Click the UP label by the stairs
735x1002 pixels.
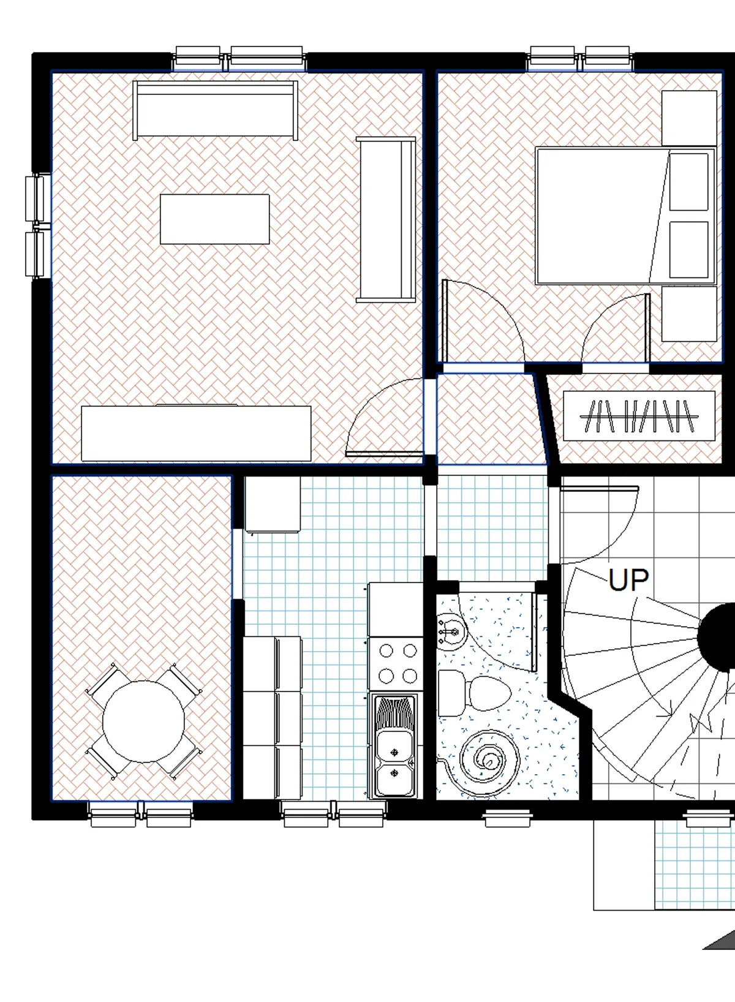click(628, 580)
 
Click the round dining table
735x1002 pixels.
click(143, 721)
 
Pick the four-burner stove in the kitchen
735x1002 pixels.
click(396, 665)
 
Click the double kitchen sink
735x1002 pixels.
click(394, 746)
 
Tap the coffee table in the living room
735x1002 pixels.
click(215, 219)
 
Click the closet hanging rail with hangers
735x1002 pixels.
click(639, 416)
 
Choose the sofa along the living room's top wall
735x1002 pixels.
click(215, 110)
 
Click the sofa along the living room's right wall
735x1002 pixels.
click(386, 219)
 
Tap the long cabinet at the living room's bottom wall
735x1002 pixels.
click(196, 433)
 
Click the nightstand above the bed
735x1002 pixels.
click(690, 118)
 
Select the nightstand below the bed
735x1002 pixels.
click(690, 314)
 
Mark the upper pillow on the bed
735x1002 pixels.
click(689, 182)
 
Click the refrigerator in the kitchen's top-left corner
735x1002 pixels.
click(273, 504)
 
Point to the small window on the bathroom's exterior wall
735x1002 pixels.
click(507, 818)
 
